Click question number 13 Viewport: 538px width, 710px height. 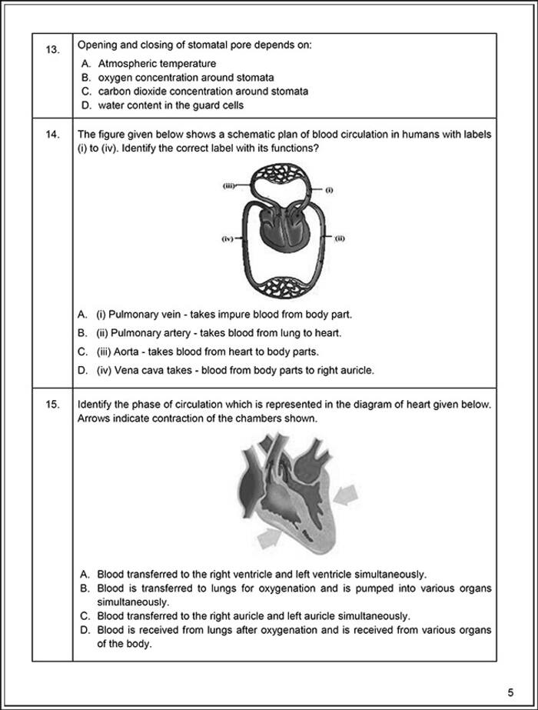tap(51, 49)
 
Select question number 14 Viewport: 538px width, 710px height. tap(51, 135)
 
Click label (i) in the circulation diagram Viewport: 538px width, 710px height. tap(328, 189)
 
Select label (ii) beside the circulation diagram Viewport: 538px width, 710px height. tap(339, 238)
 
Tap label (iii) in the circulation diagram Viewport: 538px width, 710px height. tap(228, 185)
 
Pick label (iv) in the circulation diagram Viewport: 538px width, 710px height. tap(227, 239)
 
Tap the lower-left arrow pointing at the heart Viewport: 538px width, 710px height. tap(268, 540)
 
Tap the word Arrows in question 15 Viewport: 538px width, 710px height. tap(94, 419)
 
